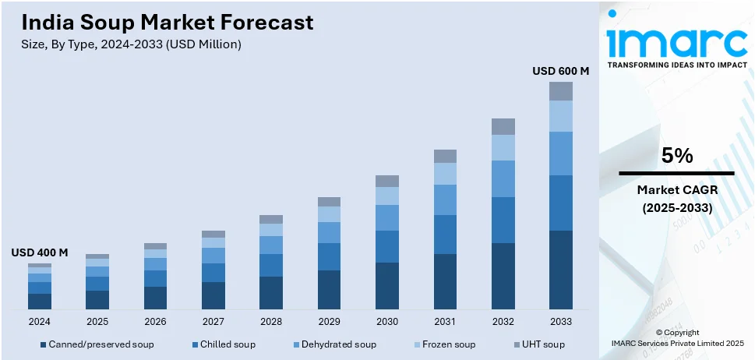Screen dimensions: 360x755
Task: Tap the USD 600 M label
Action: [x=560, y=71]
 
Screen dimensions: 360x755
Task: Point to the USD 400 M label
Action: [x=40, y=252]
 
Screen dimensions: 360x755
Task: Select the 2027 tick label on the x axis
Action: [x=213, y=321]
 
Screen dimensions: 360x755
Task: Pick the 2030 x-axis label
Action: [x=386, y=321]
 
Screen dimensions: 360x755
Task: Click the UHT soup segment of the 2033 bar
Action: [x=560, y=91]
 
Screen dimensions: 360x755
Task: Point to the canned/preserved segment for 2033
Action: [x=560, y=270]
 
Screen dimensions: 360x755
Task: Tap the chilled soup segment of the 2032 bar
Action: [x=503, y=220]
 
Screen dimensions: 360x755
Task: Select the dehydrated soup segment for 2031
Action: [x=445, y=199]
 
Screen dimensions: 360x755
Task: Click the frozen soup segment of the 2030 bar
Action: [x=386, y=196]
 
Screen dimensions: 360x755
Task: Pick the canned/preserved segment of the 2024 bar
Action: [x=40, y=302]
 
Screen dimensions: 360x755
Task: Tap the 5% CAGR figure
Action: [x=676, y=156]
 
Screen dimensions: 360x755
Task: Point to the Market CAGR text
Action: [x=676, y=189]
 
